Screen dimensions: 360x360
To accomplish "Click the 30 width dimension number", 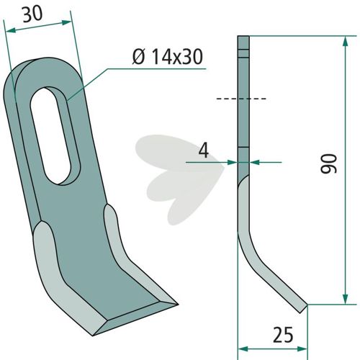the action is (x=32, y=14).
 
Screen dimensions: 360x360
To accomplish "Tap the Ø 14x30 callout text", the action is (x=168, y=57).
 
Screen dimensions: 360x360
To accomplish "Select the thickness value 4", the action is (x=204, y=150).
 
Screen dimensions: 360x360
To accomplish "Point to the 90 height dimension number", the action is (x=329, y=163).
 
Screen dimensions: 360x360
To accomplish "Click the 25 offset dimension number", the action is (x=283, y=335).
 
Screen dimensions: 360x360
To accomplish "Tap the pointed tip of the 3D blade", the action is (x=177, y=305).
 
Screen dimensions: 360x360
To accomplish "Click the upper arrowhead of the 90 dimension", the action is (x=345, y=41).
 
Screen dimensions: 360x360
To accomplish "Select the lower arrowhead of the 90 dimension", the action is (x=345, y=299).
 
